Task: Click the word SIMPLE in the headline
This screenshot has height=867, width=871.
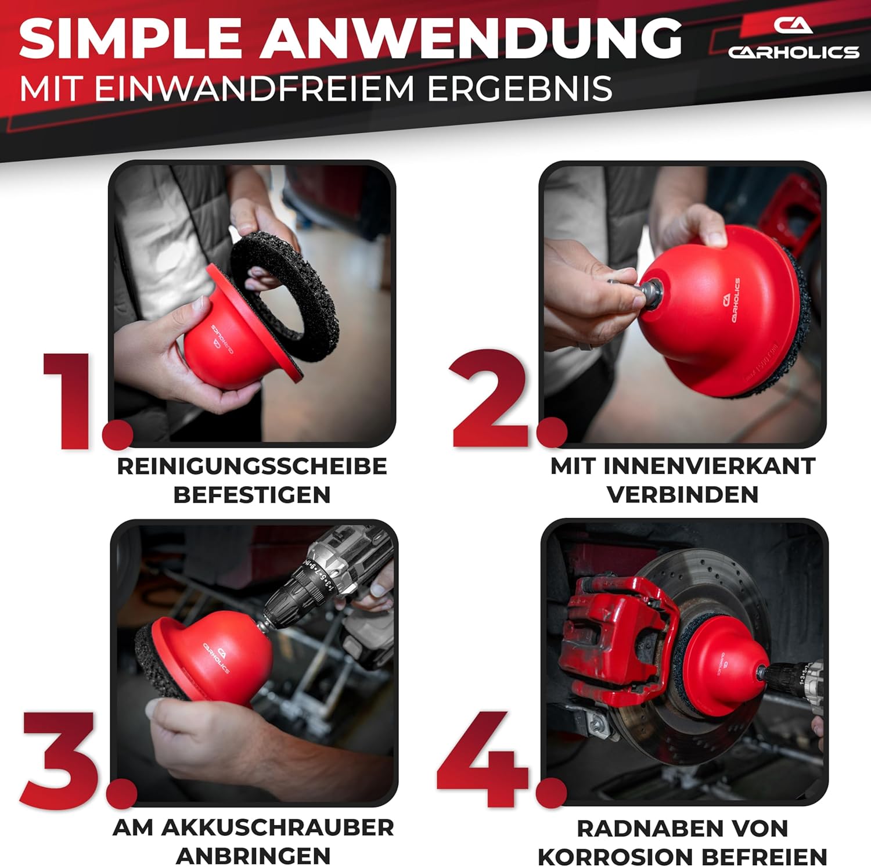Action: tap(131, 38)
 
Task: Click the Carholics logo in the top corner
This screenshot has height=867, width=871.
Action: tap(793, 38)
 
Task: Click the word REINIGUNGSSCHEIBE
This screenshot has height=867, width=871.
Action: tap(252, 466)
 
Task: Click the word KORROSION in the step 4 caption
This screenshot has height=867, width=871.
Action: tap(617, 857)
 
